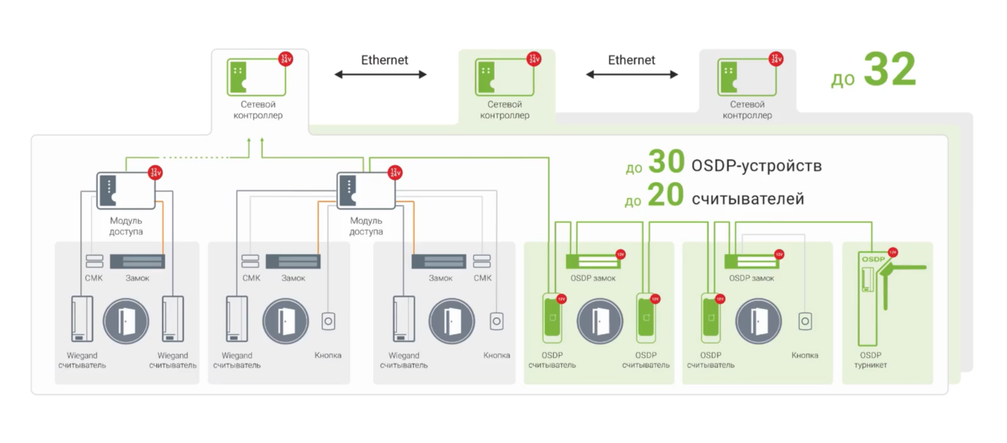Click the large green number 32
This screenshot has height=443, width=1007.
[890, 71]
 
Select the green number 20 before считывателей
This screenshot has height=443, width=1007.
[665, 197]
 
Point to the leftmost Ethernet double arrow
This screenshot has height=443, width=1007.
[381, 74]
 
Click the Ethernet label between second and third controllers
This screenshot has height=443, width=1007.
[632, 60]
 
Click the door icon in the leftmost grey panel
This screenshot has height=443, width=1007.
[126, 322]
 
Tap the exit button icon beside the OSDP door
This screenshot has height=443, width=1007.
[805, 322]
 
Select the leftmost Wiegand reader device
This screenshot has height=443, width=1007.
[81, 319]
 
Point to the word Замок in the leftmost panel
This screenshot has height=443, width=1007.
[138, 278]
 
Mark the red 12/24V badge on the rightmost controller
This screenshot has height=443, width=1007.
[776, 59]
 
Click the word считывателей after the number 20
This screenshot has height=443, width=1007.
[748, 199]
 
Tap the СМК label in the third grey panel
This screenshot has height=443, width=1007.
[482, 278]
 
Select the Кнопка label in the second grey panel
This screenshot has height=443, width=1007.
[328, 355]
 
